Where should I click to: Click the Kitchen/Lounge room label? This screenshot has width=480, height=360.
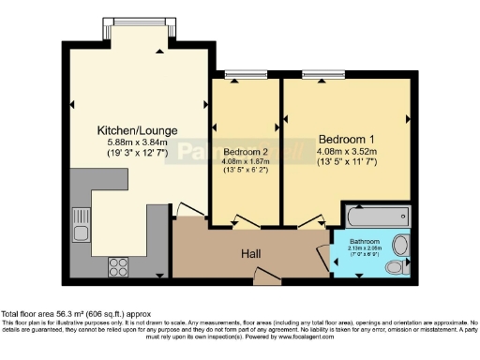(138, 130)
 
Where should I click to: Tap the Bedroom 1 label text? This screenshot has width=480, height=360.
(346, 133)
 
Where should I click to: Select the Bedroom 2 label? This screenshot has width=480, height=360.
(244, 152)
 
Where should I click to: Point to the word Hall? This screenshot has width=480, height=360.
(250, 252)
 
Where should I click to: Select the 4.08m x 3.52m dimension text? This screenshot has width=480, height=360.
(346, 147)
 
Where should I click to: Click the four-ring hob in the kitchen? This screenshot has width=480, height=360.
(120, 263)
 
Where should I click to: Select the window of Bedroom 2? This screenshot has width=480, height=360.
(246, 75)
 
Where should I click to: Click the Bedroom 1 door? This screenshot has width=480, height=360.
(298, 222)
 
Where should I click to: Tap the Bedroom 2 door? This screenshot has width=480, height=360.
(244, 222)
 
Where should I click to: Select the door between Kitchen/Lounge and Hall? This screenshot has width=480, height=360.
(187, 209)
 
